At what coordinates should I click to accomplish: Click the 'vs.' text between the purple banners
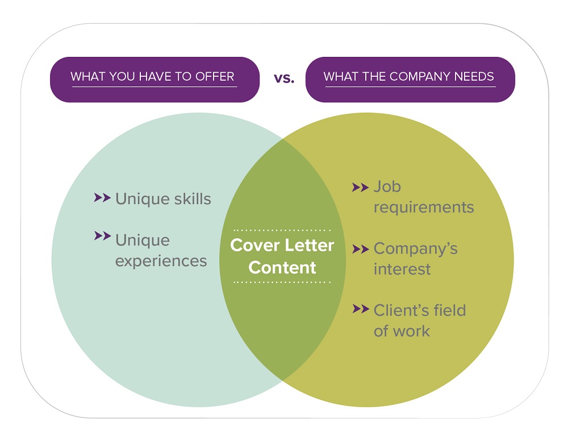click(284, 78)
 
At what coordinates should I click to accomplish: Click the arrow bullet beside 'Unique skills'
click(102, 198)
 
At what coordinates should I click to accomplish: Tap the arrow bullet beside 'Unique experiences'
click(102, 236)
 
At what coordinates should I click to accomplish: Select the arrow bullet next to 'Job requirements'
click(360, 188)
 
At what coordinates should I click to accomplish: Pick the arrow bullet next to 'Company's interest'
click(360, 249)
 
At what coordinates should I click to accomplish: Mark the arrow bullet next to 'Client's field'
click(361, 309)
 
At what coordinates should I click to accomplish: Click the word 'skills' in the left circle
click(192, 199)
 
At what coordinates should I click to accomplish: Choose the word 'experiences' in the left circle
click(161, 261)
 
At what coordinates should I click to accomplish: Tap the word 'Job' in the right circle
click(387, 187)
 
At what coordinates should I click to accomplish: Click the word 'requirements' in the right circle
click(424, 208)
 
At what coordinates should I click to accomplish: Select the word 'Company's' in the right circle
click(416, 249)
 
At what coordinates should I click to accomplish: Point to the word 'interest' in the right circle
click(402, 269)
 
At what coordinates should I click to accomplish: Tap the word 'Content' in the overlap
click(282, 268)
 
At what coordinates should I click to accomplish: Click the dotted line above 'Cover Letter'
click(282, 230)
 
